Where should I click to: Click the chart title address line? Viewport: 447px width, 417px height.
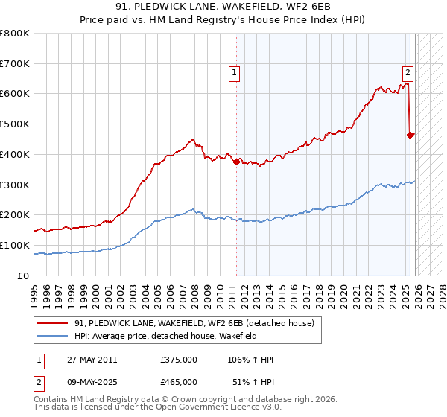[x=223, y=7]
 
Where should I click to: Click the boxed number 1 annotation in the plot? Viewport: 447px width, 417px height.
[x=235, y=73]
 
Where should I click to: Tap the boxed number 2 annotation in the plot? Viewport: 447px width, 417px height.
[x=408, y=73]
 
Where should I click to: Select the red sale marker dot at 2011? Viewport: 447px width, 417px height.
[x=237, y=161]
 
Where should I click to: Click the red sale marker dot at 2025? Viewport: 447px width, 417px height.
[x=410, y=134]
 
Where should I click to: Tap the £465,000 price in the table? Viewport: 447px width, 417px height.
[x=179, y=382]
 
